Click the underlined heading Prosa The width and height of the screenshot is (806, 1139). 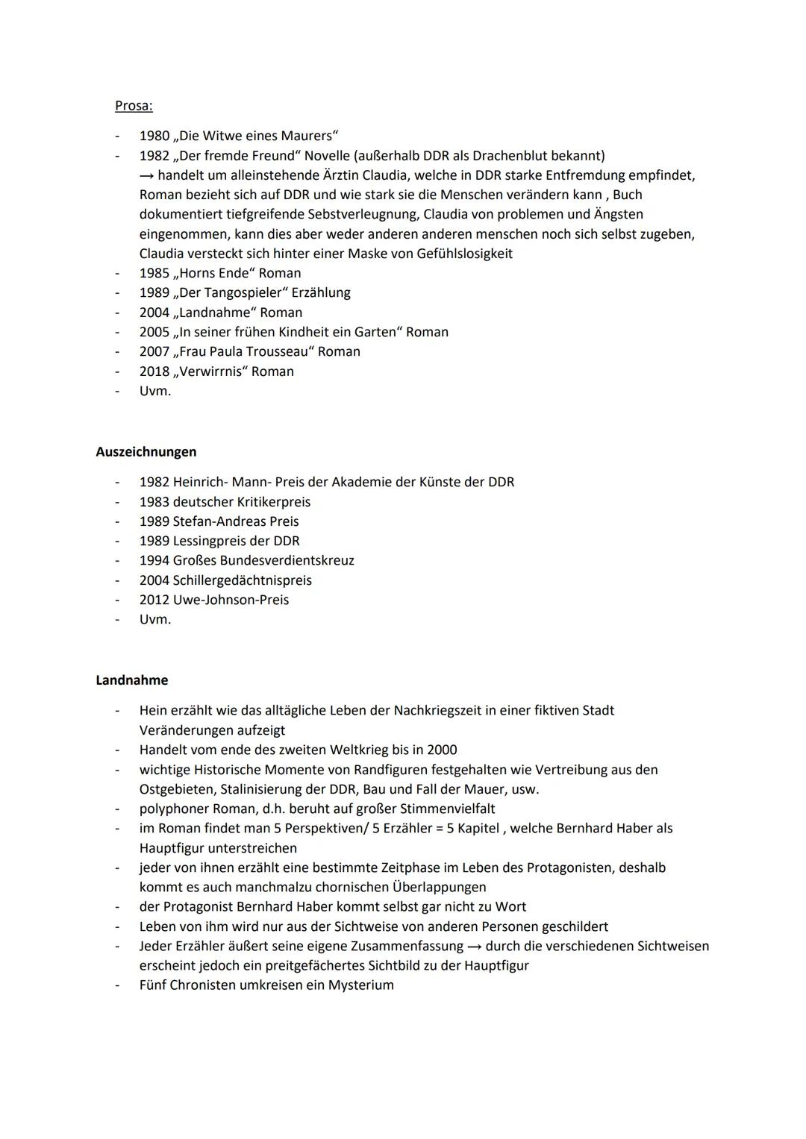(x=134, y=106)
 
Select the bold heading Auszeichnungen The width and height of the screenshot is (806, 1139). (x=146, y=451)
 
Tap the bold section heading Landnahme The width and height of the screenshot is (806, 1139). (x=132, y=680)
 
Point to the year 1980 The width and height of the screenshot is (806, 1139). (x=154, y=136)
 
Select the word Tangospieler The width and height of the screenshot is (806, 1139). (x=243, y=293)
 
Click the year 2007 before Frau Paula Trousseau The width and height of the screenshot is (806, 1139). (x=154, y=351)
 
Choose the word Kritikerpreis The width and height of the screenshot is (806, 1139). (x=273, y=502)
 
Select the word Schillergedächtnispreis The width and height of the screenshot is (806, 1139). (x=243, y=580)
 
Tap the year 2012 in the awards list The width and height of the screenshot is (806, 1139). (x=154, y=600)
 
